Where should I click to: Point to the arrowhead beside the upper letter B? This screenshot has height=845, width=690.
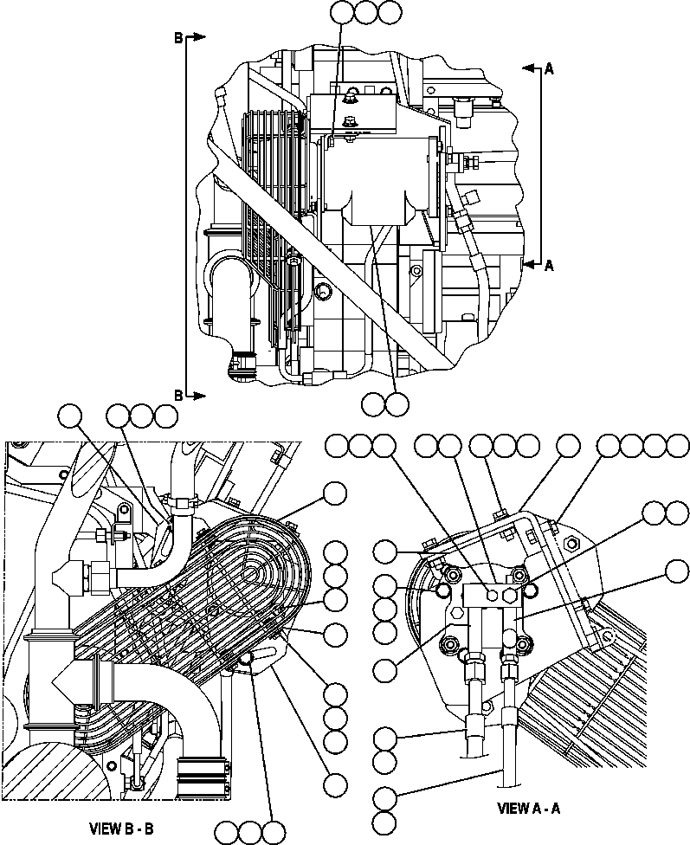click(197, 37)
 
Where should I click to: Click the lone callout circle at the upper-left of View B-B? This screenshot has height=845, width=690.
click(71, 416)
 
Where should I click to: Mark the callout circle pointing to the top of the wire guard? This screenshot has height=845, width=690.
click(334, 493)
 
